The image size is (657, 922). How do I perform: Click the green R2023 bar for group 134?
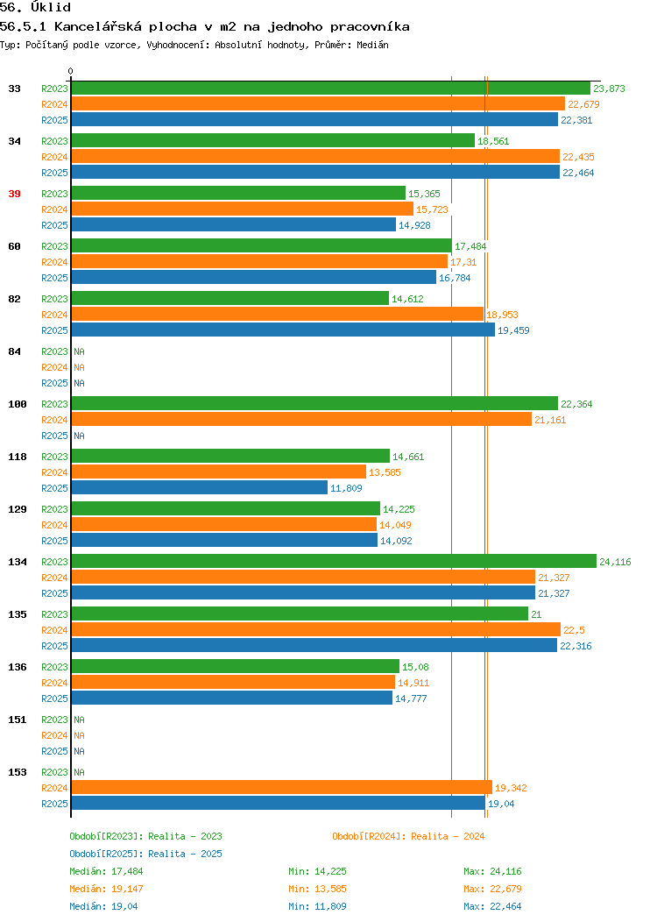point(334,561)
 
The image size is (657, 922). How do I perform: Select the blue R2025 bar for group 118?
point(200,487)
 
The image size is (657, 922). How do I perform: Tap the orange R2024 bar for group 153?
point(282,787)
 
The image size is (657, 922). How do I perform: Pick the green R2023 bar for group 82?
point(230,298)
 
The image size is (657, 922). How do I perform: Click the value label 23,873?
point(609,89)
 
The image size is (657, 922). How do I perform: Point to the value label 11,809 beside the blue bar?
point(346,488)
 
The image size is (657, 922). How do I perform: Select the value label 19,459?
point(513,330)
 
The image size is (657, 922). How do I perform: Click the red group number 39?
point(15,194)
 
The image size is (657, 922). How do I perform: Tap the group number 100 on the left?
point(18,404)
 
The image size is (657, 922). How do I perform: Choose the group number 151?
point(18,720)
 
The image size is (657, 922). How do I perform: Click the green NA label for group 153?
point(80,772)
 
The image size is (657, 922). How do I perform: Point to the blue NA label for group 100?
point(80,436)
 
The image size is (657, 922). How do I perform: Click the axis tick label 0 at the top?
point(71,71)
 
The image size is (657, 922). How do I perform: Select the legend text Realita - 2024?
point(448,836)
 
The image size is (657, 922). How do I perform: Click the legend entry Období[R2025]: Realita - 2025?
point(145,854)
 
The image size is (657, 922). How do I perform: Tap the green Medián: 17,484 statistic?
point(106,871)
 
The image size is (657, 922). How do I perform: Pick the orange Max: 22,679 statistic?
point(492,889)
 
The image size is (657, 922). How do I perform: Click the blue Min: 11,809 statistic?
point(317,907)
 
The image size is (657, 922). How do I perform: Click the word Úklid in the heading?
point(51,8)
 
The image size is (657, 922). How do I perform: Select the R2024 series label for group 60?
point(54,262)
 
